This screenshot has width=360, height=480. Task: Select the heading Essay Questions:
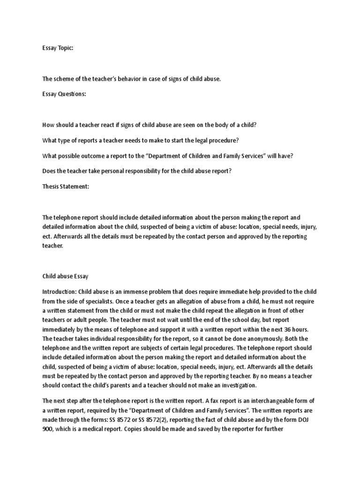coord(64,94)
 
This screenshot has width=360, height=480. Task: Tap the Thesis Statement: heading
coord(66,186)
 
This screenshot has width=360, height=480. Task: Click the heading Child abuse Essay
coord(66,277)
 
